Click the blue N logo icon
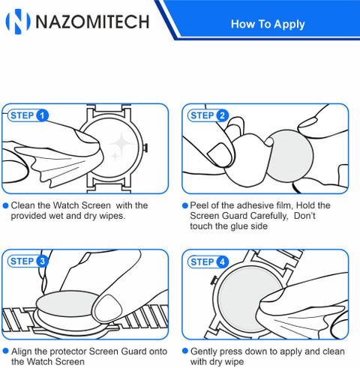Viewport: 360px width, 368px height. click(x=17, y=22)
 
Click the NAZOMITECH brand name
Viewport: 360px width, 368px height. click(x=92, y=22)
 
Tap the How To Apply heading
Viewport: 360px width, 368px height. click(x=268, y=24)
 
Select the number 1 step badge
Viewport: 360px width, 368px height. click(x=42, y=115)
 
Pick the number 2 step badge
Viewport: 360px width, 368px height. click(x=222, y=115)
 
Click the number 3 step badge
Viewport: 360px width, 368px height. click(x=42, y=262)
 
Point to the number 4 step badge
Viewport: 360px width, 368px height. click(x=222, y=262)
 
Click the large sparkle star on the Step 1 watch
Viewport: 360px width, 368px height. click(x=122, y=143)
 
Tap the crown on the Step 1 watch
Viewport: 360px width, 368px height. click(x=145, y=148)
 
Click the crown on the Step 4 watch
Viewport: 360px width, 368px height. click(x=214, y=280)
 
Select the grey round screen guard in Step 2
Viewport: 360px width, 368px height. click(x=290, y=156)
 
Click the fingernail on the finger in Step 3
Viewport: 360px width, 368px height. click(x=109, y=307)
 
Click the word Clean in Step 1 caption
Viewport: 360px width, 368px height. click(x=23, y=205)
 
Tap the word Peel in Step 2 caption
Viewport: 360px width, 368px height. click(x=199, y=205)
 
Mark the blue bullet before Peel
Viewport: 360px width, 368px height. click(x=184, y=205)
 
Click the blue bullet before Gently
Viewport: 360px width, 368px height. click(x=184, y=351)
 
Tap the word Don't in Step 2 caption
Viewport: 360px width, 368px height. click(x=304, y=216)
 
